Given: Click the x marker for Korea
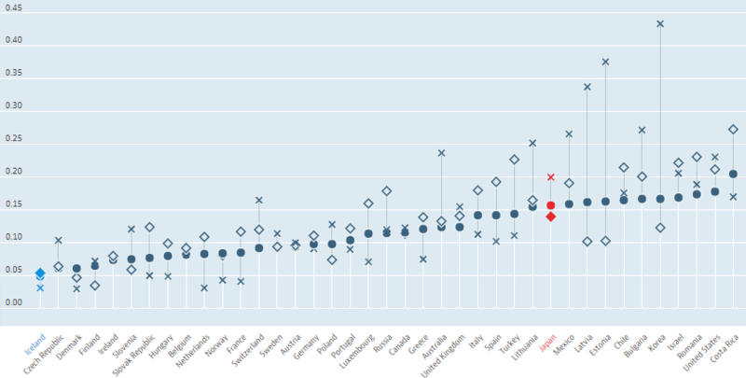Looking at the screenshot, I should (x=660, y=23).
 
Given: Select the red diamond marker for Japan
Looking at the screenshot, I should (x=551, y=217).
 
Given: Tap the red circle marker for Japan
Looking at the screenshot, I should (x=551, y=205).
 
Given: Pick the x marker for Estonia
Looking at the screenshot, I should (x=605, y=62).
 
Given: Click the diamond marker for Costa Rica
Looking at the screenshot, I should (x=733, y=130).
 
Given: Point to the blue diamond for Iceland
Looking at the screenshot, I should (x=40, y=273).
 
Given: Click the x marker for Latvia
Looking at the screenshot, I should (x=587, y=87).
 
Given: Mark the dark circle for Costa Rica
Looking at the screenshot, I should (x=733, y=174).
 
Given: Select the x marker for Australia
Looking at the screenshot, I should (x=441, y=152).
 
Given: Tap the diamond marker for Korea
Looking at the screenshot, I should (x=660, y=228).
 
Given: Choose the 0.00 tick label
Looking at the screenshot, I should (x=14, y=303).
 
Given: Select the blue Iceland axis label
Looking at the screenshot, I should (x=33, y=350).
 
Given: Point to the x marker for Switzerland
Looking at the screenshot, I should (x=258, y=201).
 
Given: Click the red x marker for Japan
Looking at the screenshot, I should (x=551, y=176).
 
